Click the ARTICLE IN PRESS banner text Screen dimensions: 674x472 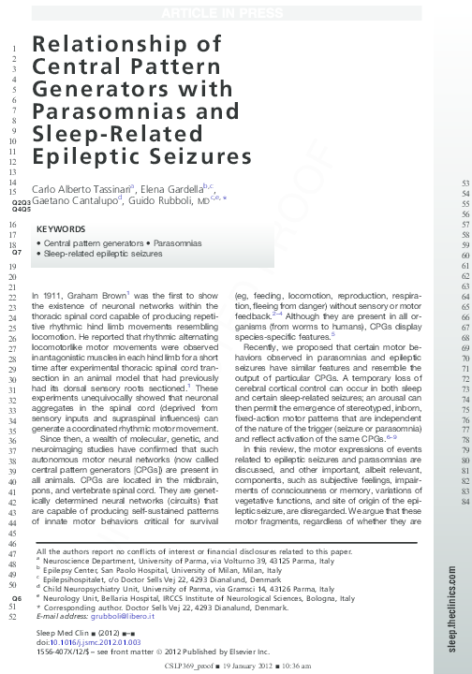[x=235, y=11]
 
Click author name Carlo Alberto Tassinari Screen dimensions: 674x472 [x=81, y=186]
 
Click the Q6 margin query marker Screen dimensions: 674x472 [x=16, y=597]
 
